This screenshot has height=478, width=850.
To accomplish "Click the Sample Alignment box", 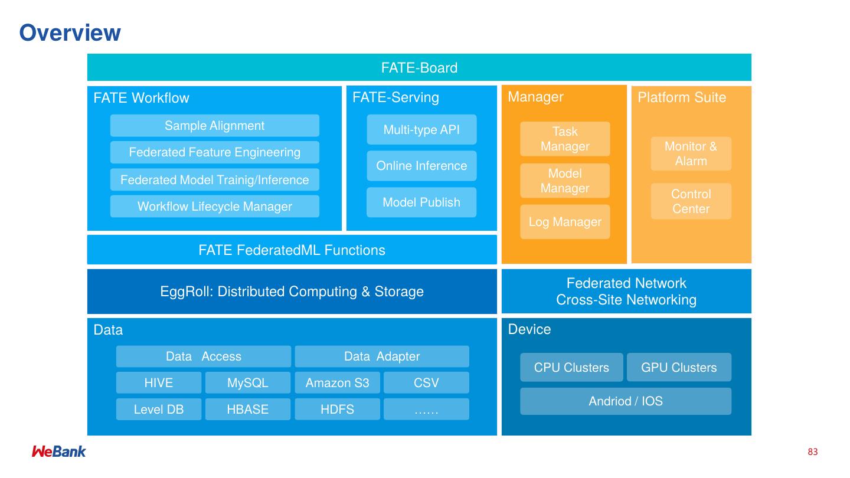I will (214, 126).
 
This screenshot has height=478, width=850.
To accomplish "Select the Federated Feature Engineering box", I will (214, 152).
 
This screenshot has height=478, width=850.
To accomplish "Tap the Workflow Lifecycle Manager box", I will (214, 207).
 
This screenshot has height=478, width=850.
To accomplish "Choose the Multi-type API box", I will (421, 130).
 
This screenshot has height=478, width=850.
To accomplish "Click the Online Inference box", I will (421, 166).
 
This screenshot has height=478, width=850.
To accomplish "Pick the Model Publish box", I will (421, 202).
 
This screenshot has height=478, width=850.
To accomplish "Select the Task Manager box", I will (565, 139).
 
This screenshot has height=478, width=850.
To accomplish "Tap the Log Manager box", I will (565, 222).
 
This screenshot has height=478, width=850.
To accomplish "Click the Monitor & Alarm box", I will (691, 154).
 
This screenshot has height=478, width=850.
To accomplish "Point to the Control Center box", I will (691, 201).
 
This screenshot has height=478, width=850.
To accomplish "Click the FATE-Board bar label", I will (419, 68).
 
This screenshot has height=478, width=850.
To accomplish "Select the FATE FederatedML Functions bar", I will (292, 250).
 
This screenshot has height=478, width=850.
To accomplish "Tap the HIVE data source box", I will (159, 383).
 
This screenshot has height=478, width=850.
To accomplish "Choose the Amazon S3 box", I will (337, 383).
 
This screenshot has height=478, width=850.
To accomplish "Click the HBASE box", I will (248, 410).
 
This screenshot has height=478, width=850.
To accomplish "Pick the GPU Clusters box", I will (679, 368).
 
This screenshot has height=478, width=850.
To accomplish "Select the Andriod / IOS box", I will (626, 401).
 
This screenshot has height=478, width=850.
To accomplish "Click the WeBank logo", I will (58, 451).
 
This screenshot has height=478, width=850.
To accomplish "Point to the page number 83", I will (813, 452).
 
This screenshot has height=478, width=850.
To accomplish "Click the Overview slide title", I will (70, 33).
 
